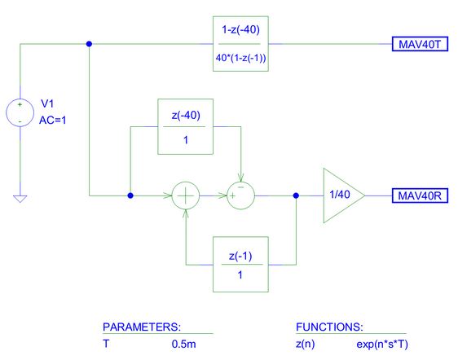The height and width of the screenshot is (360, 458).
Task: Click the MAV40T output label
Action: [x=420, y=44]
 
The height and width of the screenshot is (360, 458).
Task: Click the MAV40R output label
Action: [x=420, y=195]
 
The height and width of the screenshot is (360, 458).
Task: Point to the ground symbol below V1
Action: [x=20, y=199]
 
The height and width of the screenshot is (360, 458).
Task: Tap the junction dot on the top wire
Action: [x=89, y=44]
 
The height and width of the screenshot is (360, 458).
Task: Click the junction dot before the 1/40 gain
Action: [x=296, y=195]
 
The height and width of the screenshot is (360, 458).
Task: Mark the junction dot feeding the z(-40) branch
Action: [x=130, y=195]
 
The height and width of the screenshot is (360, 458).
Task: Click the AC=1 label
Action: [x=53, y=120]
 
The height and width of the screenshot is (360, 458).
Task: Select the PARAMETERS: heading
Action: [x=142, y=327]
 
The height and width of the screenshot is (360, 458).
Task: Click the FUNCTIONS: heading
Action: [x=329, y=327]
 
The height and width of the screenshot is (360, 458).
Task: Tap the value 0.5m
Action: [x=183, y=344]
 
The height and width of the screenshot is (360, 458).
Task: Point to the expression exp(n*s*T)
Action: [x=382, y=345]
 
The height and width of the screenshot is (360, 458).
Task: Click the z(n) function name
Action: [x=306, y=345]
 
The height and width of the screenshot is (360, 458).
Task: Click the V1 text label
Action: [x=47, y=103]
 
